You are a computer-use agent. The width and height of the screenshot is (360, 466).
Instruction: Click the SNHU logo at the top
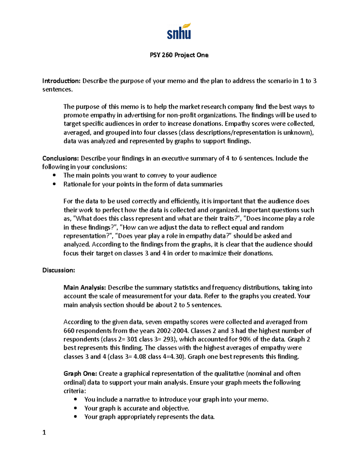(x=179, y=32)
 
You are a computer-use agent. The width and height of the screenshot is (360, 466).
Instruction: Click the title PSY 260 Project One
(x=179, y=55)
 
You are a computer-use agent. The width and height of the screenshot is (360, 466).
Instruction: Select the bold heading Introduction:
(x=61, y=81)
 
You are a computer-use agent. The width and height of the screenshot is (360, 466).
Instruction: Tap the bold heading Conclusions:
(x=61, y=158)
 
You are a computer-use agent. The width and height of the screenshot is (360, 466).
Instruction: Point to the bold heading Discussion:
(x=58, y=270)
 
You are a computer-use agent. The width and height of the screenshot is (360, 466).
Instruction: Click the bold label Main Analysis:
(x=85, y=288)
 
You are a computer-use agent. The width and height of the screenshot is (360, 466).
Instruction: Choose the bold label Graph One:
(x=80, y=374)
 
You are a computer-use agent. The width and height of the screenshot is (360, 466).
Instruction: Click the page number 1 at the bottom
(x=44, y=432)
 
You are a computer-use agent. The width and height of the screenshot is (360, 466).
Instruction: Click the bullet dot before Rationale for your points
(x=54, y=184)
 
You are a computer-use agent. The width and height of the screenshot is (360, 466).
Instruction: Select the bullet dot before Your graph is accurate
(x=75, y=408)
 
